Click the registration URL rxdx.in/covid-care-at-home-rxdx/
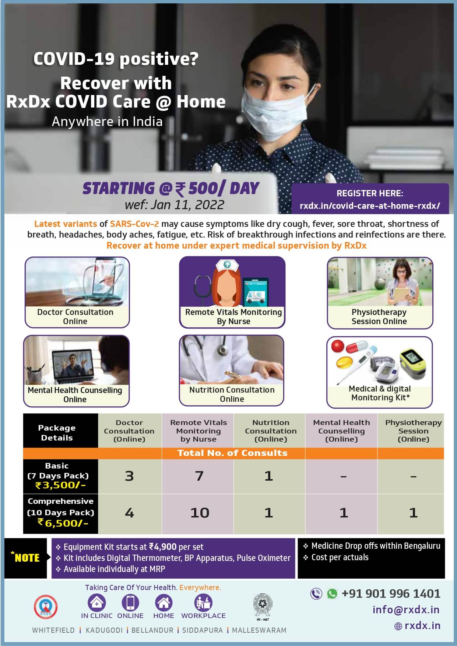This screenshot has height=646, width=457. (x=370, y=206)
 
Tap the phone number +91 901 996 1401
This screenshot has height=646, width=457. (x=391, y=594)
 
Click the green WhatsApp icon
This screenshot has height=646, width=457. (x=332, y=594)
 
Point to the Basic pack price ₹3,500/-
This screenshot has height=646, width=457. (x=60, y=485)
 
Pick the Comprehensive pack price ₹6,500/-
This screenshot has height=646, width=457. (x=63, y=523)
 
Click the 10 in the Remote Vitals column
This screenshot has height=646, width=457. (x=200, y=513)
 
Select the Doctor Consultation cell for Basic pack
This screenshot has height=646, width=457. (x=129, y=476)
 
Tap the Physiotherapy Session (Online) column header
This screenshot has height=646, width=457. (x=413, y=431)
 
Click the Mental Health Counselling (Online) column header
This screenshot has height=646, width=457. (x=341, y=431)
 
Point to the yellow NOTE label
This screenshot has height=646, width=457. (x=26, y=557)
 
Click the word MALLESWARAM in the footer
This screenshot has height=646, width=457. (x=259, y=630)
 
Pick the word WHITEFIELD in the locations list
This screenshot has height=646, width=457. (x=53, y=630)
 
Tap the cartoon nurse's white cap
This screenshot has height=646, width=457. (x=227, y=264)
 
